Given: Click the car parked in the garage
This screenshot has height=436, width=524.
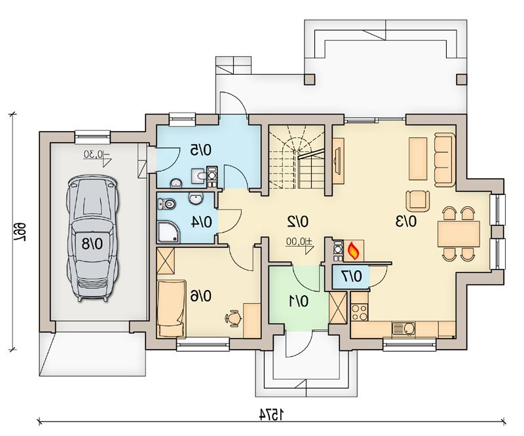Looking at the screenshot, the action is click(x=92, y=238).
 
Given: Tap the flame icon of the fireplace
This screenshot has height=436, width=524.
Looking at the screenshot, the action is click(x=352, y=251).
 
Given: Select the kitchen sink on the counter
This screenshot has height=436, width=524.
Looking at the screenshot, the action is click(x=403, y=328).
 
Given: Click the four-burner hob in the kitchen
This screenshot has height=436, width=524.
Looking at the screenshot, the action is click(x=360, y=312).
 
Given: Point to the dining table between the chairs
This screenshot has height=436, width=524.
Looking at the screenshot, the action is click(x=458, y=234).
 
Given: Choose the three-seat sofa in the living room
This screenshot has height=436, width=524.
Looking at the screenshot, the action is click(x=445, y=159).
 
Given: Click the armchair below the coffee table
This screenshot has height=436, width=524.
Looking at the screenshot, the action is click(x=418, y=201).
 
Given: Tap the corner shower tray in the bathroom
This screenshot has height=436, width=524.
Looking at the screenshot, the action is click(x=168, y=232).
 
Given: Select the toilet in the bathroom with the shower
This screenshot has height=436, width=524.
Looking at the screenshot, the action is click(x=166, y=204).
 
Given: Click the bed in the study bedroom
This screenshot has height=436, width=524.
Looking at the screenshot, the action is click(x=172, y=308).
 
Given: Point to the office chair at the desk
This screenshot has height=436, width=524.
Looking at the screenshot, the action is click(x=233, y=318).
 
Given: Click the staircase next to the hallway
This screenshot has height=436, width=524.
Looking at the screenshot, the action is click(x=297, y=157).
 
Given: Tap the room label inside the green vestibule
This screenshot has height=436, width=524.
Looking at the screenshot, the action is click(x=299, y=302).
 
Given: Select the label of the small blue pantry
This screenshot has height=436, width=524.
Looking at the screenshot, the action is click(x=352, y=277).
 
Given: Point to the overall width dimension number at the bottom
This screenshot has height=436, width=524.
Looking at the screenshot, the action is click(x=272, y=414).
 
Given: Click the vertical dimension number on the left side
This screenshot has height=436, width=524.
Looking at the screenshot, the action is click(x=20, y=230).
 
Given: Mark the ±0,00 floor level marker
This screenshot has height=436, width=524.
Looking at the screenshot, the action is click(x=299, y=241).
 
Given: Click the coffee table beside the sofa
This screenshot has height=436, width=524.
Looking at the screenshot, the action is click(x=418, y=159).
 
